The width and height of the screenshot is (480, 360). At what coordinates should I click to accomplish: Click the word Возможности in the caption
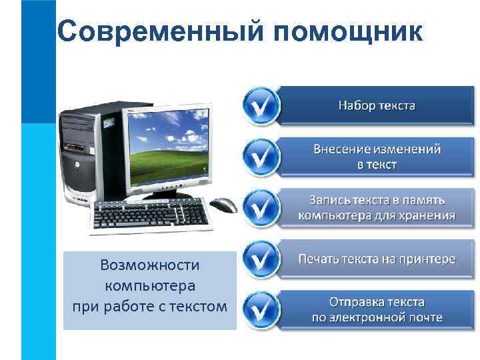coord(149,265)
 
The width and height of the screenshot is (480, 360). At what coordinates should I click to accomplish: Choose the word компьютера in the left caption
coord(149,286)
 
